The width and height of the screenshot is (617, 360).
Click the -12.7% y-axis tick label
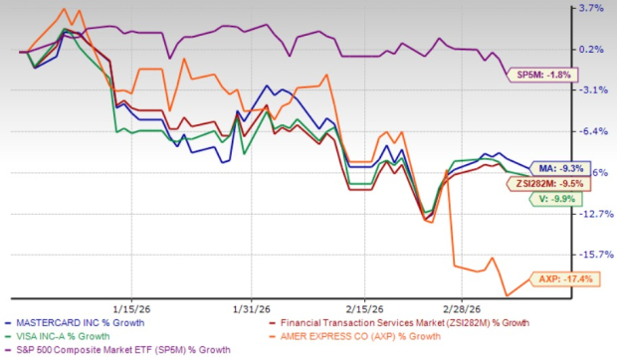coord(590,213)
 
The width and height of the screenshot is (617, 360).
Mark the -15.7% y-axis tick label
coord(590,254)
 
